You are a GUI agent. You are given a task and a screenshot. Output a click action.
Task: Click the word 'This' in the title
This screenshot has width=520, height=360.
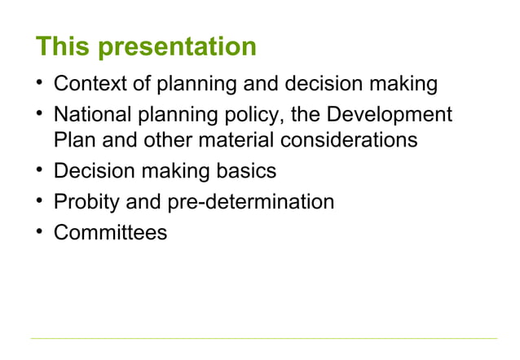pos(62,46)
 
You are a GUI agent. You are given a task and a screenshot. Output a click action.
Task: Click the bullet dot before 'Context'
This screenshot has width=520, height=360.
pos(37,84)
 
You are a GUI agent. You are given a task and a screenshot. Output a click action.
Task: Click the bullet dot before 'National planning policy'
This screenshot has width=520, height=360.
pos(37,114)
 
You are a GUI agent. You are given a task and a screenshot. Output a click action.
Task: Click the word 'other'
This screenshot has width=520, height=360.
pos(170,141)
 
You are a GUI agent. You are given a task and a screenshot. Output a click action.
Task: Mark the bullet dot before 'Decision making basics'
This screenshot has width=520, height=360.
pos(37,170)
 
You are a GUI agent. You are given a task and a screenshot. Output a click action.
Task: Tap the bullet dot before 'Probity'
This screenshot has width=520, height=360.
pos(37,200)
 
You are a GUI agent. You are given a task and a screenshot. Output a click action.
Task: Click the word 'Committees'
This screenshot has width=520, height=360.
pos(110,233)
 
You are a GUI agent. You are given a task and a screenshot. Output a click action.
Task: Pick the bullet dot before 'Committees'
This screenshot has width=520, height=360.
pos(37,231)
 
